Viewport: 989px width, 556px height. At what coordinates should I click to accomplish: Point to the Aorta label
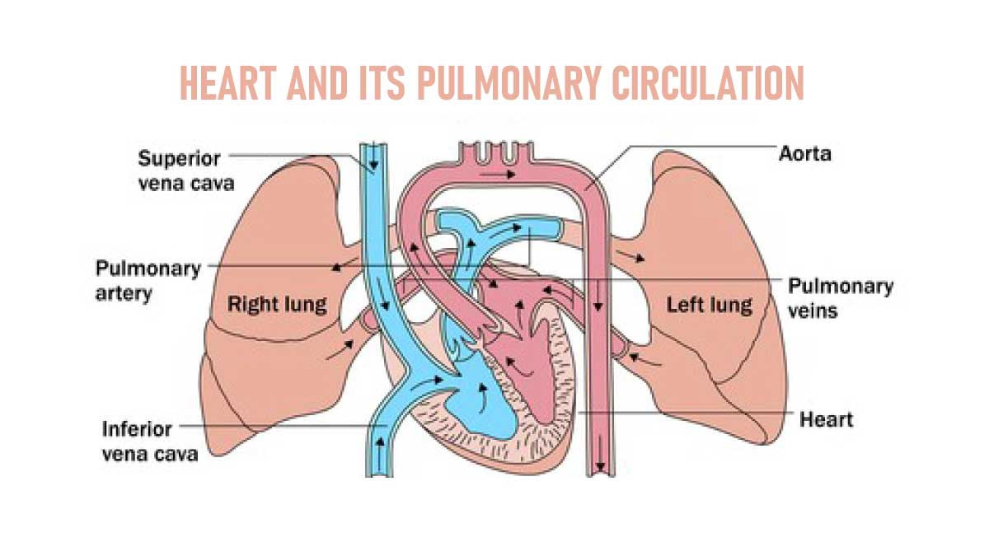coord(805,154)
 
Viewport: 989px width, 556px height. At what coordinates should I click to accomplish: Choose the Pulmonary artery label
coord(148,281)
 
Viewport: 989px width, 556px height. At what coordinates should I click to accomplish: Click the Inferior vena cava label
coord(150,441)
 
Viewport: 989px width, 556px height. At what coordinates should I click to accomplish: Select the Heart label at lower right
coord(827,419)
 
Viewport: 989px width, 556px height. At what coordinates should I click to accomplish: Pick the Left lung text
coord(710,305)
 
